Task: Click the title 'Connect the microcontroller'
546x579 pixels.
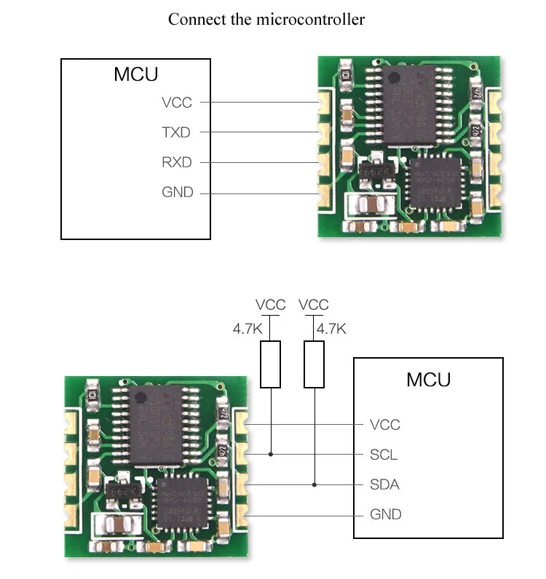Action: (x=266, y=19)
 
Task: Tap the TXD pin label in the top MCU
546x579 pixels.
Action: (x=176, y=132)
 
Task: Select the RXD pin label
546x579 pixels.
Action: (x=177, y=162)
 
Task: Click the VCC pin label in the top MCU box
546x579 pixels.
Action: (x=177, y=103)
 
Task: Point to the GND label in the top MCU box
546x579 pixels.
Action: (x=178, y=193)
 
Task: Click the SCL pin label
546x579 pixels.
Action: (x=384, y=455)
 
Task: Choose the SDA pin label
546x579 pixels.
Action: (x=384, y=484)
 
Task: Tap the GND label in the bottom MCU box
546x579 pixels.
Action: (x=385, y=514)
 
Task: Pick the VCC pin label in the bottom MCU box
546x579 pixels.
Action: (x=384, y=425)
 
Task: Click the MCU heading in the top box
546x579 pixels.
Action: (x=135, y=74)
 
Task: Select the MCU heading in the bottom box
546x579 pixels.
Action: (x=428, y=380)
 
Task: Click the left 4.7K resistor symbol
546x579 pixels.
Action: (x=270, y=364)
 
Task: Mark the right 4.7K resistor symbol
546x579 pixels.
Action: (x=314, y=364)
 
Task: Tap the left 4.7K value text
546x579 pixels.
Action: (x=248, y=329)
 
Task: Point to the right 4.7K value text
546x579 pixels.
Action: (x=331, y=329)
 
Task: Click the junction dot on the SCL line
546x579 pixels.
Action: (x=270, y=455)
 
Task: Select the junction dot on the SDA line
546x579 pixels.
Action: (x=314, y=484)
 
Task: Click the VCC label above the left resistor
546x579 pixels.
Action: (x=270, y=305)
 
